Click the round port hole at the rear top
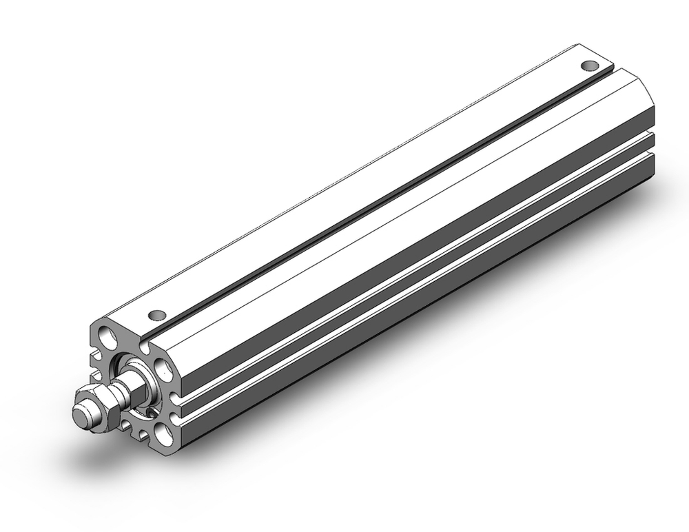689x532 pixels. coord(589,66)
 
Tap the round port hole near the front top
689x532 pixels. coord(158,315)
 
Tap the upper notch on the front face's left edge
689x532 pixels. coord(94,359)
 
